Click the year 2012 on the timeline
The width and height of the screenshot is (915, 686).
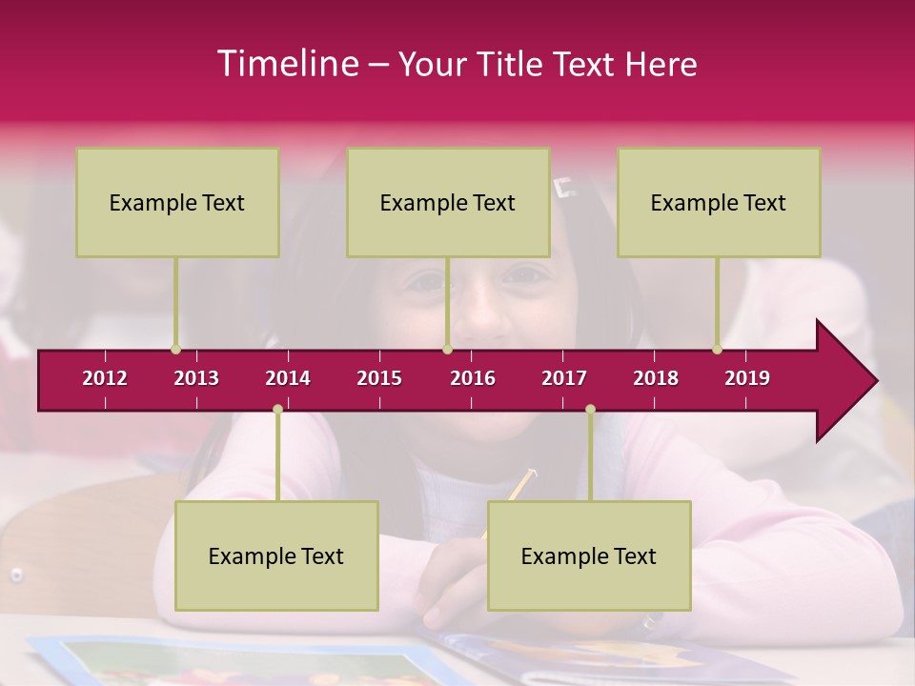click(x=105, y=378)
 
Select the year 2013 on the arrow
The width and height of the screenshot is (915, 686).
click(x=196, y=378)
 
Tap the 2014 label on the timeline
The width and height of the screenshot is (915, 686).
click(x=288, y=378)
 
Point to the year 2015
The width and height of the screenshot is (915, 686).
click(x=379, y=378)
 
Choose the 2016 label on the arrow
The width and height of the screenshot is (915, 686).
click(x=473, y=378)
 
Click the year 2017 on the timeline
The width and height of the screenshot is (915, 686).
click(x=564, y=378)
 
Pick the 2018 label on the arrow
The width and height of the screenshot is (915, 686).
click(x=656, y=378)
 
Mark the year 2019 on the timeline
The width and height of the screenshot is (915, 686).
click(x=747, y=378)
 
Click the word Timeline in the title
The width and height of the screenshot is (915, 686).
click(x=286, y=64)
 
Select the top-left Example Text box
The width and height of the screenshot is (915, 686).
click(x=177, y=202)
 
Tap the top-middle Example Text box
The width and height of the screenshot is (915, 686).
click(x=448, y=202)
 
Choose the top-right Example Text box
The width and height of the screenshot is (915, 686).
click(x=719, y=202)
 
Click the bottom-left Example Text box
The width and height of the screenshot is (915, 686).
click(x=276, y=555)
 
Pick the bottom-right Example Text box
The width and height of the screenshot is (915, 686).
click(x=589, y=555)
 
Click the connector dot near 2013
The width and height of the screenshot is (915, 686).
click(x=175, y=350)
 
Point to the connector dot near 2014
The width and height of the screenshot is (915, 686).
click(x=277, y=409)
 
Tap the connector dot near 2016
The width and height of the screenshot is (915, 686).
click(x=447, y=350)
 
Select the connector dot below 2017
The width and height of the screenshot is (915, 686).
click(x=590, y=409)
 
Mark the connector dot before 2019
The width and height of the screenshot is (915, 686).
click(x=717, y=350)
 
